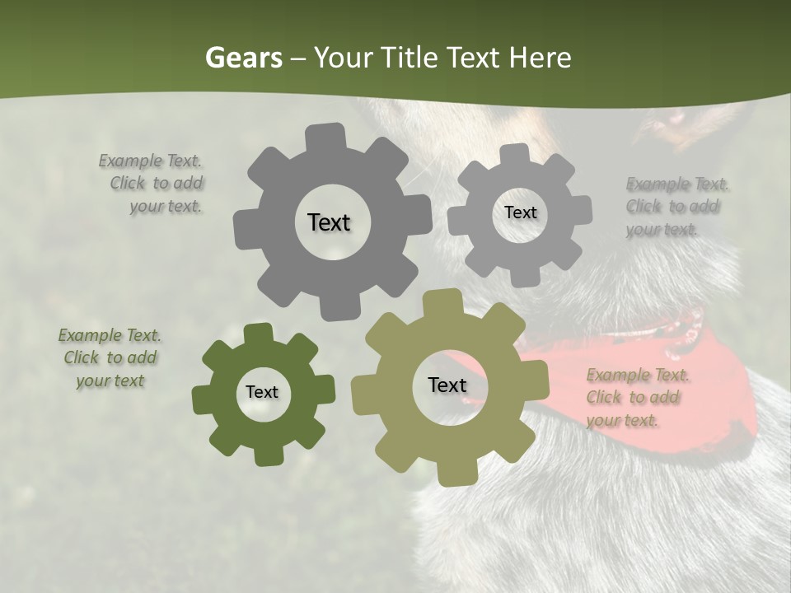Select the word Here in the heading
point(540,58)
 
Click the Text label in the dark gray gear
point(329,222)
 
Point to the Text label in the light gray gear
point(520,212)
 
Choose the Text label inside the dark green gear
point(262,392)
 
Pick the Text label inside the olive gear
point(447,385)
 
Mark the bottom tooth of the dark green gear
point(265,455)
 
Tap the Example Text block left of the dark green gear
point(110,358)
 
